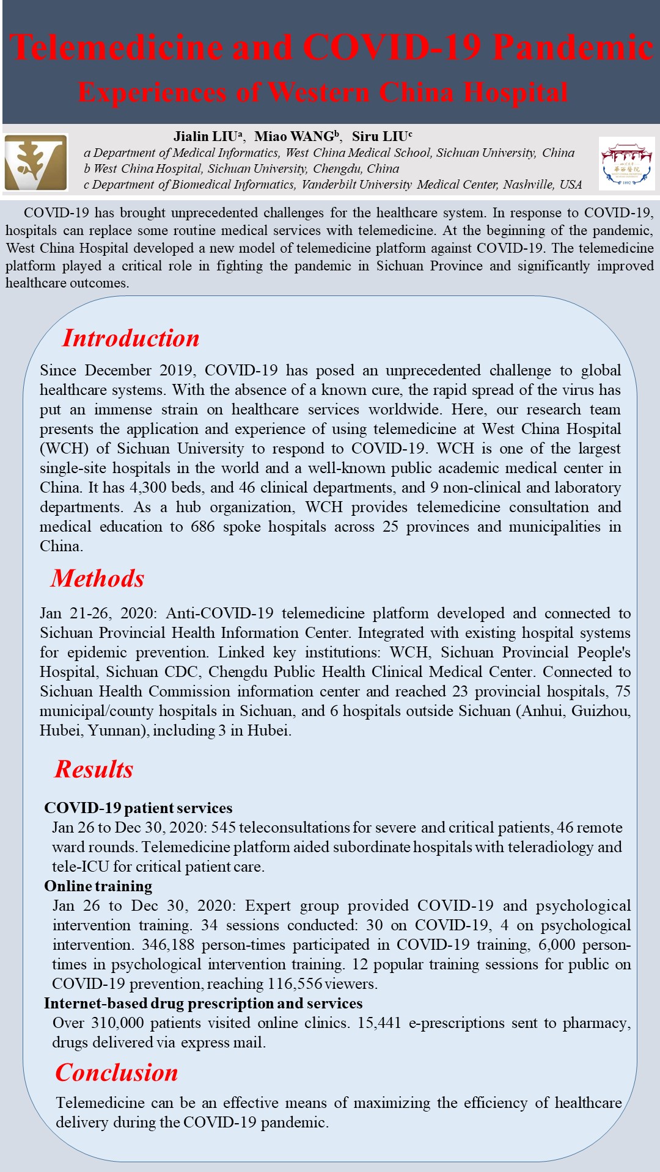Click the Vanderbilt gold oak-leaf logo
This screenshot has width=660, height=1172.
(x=36, y=162)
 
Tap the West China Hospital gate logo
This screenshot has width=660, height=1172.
(x=626, y=163)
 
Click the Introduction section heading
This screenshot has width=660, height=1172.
(x=131, y=338)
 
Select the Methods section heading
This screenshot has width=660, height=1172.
(x=98, y=578)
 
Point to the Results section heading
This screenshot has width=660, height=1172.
(x=94, y=769)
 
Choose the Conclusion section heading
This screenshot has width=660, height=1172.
(x=117, y=1073)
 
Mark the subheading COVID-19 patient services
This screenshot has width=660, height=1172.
(x=138, y=808)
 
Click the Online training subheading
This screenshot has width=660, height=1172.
(x=98, y=886)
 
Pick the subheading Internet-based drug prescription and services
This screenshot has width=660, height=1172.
(x=203, y=1003)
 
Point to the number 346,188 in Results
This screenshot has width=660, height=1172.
(x=168, y=944)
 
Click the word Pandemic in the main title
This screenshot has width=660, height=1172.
(x=573, y=47)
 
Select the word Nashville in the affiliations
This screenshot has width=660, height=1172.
(x=529, y=184)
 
